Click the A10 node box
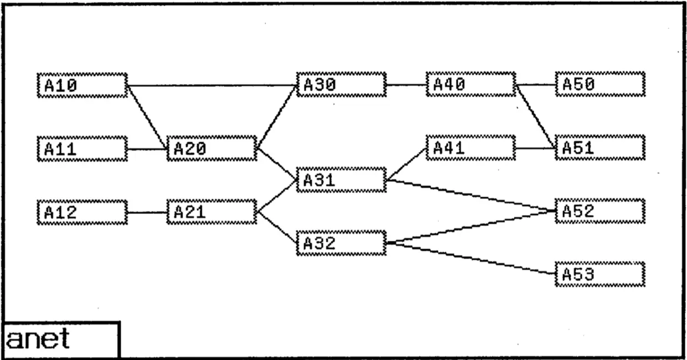[82, 85]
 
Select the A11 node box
[82, 148]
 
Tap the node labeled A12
[82, 212]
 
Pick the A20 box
[212, 148]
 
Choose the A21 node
[212, 212]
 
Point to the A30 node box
[341, 85]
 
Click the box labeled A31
[341, 180]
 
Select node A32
[341, 243]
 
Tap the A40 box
[471, 85]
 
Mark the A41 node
[471, 148]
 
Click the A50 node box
[601, 85]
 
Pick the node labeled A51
[601, 148]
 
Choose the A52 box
[601, 211]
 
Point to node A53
[601, 274]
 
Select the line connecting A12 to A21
[147, 212]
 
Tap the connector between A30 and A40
[406, 85]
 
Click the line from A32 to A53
[471, 258]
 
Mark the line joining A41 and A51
[536, 148]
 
